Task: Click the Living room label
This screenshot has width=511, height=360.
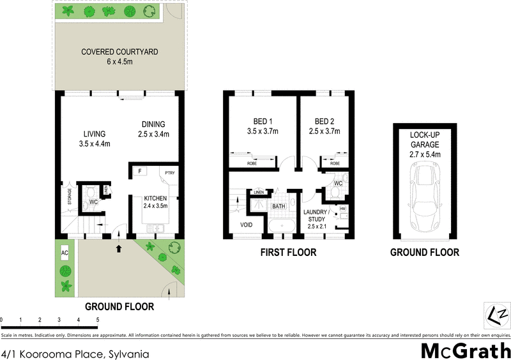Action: coord(94,134)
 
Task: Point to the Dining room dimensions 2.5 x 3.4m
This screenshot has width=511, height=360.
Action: coord(153,134)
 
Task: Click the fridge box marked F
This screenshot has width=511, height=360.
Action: coord(138,171)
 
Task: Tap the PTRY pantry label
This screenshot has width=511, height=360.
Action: coord(169,172)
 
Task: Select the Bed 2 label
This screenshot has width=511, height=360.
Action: coord(324,121)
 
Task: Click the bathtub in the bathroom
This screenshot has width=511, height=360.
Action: coord(279,226)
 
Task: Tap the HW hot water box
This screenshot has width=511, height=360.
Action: coord(342,209)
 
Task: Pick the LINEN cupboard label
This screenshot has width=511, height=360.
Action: coord(258,192)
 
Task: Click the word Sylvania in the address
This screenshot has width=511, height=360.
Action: coord(128,351)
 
